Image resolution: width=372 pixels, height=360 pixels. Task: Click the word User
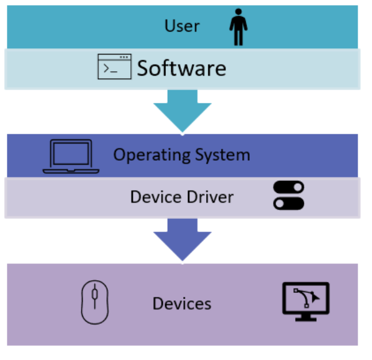(182, 26)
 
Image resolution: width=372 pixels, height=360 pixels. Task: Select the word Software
(181, 69)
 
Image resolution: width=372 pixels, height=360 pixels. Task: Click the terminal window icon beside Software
(114, 67)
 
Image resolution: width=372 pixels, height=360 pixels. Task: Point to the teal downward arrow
(183, 109)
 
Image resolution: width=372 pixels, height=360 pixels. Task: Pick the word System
(222, 155)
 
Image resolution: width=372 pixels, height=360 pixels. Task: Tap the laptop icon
(71, 156)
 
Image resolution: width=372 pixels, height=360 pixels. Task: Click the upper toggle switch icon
(289, 188)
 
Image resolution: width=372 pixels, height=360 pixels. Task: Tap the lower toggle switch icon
(289, 203)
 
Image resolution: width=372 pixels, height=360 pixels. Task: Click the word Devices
(182, 303)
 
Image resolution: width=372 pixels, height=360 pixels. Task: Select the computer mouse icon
(95, 302)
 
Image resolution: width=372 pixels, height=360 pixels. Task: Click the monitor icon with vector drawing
(306, 298)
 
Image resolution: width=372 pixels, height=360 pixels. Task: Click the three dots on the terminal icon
(123, 57)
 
